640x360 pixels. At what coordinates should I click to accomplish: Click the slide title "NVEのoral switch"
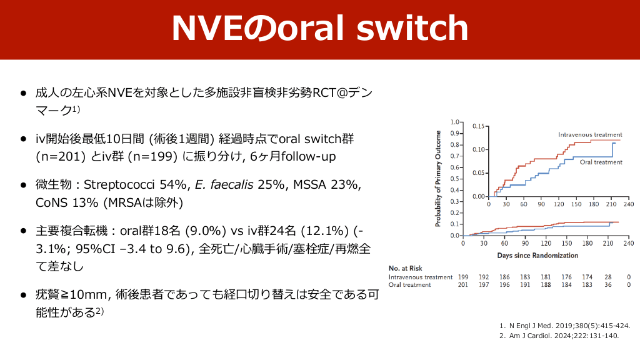click(320, 28)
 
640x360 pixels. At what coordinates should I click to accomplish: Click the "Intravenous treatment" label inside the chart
click(590, 135)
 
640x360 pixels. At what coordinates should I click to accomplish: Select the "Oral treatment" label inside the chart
click(601, 162)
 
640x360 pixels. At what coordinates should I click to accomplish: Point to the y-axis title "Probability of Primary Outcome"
click(438, 179)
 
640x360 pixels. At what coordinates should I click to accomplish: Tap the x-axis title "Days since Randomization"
click(537, 256)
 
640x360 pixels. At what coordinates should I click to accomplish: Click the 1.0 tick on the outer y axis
click(455, 122)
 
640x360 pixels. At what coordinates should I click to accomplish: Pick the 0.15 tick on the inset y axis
click(478, 126)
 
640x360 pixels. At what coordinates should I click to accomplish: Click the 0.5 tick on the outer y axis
click(455, 179)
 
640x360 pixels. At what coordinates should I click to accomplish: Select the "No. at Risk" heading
click(405, 268)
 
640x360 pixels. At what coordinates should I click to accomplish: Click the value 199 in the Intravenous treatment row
click(463, 277)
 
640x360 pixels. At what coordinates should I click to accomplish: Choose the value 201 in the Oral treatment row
click(463, 284)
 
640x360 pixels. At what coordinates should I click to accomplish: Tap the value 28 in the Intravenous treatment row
click(607, 277)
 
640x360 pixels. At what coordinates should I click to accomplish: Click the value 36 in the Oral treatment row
click(607, 284)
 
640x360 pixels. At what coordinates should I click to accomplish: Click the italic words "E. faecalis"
click(224, 185)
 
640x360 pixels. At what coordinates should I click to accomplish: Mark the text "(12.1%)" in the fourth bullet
click(324, 231)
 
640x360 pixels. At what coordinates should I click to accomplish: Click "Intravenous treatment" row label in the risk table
click(421, 277)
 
